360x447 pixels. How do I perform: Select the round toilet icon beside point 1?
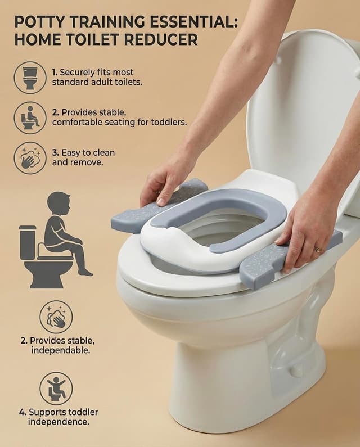(x=30, y=77)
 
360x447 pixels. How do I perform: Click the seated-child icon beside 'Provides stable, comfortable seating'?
(x=30, y=118)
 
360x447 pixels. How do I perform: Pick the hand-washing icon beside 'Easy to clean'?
(x=30, y=158)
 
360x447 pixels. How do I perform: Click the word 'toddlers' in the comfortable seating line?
(x=167, y=121)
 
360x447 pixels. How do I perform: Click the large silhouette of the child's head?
(x=58, y=202)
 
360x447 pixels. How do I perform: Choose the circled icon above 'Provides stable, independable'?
(x=56, y=317)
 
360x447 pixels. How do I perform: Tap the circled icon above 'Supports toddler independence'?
(x=56, y=389)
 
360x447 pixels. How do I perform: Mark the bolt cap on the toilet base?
(x=296, y=372)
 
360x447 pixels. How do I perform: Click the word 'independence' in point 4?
(x=58, y=422)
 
